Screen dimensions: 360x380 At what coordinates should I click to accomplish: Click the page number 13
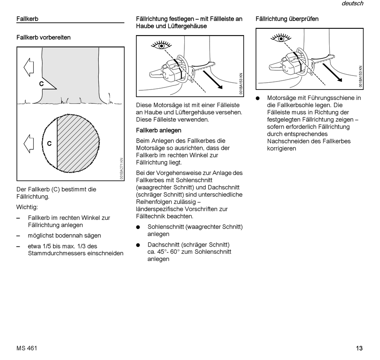[359, 348]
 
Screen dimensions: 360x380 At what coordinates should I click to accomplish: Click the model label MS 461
[27, 348]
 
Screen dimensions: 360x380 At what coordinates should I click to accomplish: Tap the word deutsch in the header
[352, 4]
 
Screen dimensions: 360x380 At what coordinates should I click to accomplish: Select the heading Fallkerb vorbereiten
[43, 37]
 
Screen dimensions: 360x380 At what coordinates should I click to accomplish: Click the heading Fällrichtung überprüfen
[287, 19]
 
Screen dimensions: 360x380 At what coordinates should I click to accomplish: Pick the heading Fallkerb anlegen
[158, 130]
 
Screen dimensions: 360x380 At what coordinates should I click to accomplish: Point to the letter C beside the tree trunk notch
[41, 84]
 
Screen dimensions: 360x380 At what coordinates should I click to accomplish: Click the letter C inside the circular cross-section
[49, 143]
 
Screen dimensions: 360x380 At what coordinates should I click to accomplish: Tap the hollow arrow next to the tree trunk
[29, 66]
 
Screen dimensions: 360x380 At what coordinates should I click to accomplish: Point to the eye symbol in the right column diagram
[281, 38]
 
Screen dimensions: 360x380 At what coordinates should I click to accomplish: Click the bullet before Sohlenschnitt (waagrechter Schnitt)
[138, 227]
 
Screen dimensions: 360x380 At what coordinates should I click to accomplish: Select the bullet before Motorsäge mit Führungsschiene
[258, 98]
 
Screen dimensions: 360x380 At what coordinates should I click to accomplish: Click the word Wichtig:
[27, 207]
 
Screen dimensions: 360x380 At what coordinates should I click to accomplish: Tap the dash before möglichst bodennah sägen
[18, 235]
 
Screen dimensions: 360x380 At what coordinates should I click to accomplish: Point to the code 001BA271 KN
[121, 169]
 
